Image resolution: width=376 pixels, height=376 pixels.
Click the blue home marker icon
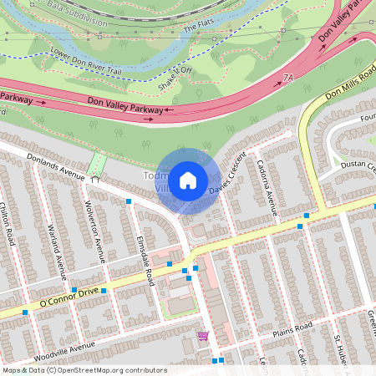click(x=188, y=180)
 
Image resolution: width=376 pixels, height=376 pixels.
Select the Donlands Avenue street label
click(x=56, y=166)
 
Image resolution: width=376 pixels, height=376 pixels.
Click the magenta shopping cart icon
click(x=203, y=336)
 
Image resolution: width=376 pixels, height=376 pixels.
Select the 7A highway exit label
click(x=289, y=77)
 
